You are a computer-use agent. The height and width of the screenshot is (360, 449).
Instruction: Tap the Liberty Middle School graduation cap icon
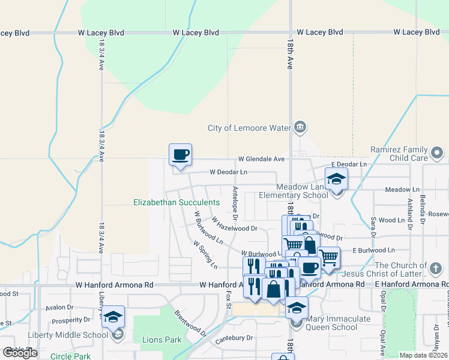coord(113,317)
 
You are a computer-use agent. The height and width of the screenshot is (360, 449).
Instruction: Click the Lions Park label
coord(161,340)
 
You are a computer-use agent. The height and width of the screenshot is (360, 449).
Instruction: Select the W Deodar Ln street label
coord(228,172)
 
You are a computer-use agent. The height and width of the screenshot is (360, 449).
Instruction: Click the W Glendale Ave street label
coord(261,159)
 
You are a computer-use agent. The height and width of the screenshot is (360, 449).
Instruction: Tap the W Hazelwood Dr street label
coord(234,224)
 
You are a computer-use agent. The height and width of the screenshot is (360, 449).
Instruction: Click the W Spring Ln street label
coord(205,254)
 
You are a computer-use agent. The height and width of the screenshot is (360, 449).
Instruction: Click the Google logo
coord(20,353)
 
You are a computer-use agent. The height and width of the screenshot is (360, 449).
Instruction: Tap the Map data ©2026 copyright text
coord(423,355)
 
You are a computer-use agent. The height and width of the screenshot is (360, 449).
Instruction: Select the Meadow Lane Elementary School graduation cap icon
coord(336,178)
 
